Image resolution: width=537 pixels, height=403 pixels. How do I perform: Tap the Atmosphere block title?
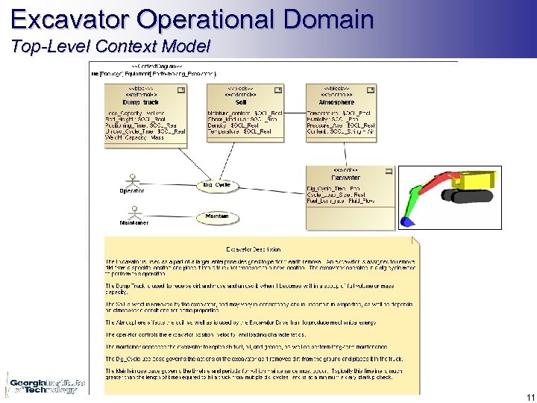[x=339, y=101]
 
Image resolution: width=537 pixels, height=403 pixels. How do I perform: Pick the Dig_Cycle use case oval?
[x=217, y=184]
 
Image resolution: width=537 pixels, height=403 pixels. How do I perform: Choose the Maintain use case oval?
[x=217, y=216]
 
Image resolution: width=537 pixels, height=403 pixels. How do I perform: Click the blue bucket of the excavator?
[x=406, y=222]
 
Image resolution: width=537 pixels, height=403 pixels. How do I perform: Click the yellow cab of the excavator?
[x=477, y=179]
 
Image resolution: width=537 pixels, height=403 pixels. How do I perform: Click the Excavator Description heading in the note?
[x=254, y=249]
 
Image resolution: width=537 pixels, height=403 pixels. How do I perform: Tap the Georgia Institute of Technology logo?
[x=45, y=386]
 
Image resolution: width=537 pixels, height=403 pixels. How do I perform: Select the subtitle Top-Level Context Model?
[x=111, y=46]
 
